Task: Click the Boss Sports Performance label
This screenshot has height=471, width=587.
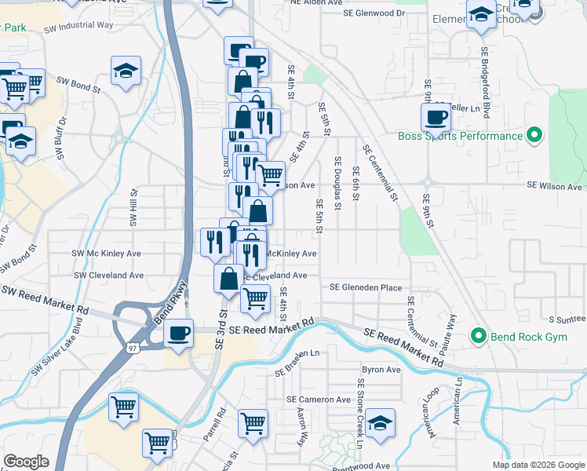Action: [460, 136]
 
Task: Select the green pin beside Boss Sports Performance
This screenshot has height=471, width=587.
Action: [535, 136]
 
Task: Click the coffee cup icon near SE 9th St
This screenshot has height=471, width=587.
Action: [436, 118]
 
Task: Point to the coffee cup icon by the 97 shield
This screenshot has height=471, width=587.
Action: [178, 333]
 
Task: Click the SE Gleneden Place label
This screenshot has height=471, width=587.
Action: [366, 287]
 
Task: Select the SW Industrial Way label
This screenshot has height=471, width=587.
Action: [79, 25]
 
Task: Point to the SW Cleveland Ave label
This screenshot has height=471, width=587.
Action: [109, 276]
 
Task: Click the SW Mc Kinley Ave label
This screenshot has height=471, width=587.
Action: [106, 254]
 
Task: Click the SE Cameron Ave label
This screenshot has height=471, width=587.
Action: [319, 400]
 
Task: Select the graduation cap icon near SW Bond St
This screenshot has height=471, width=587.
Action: [126, 71]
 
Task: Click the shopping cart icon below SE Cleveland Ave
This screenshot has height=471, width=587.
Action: [255, 298]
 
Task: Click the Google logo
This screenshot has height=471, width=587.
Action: [26, 462]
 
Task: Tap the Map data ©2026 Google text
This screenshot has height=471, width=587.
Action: [538, 465]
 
